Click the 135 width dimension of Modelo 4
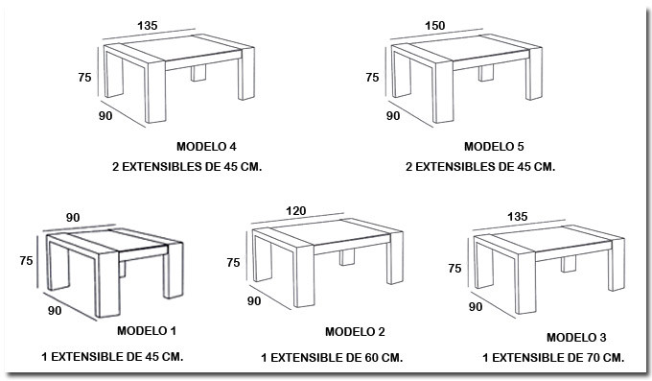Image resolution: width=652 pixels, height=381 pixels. click(148, 26)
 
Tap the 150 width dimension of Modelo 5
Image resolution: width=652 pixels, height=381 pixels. click(435, 26)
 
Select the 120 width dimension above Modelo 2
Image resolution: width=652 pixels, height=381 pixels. click(295, 211)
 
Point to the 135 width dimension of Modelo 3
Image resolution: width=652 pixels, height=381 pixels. click(517, 217)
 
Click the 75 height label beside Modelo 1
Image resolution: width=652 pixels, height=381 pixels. click(26, 261)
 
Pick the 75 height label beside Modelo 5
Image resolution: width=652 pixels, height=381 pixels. click(373, 78)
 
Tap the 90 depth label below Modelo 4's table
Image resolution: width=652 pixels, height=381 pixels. click(105, 116)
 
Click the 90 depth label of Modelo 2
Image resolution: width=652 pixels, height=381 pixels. click(254, 300)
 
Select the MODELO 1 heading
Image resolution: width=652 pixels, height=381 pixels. click(147, 331)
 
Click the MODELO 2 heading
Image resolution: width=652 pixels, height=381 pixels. click(355, 332)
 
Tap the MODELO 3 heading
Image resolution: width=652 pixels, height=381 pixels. click(576, 338)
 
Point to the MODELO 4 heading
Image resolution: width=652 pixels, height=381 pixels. click(206, 147)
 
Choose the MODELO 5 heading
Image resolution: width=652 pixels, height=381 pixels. click(494, 147)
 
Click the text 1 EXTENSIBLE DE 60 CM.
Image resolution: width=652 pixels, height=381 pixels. click(332, 358)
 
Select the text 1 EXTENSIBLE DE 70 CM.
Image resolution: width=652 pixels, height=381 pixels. click(553, 358)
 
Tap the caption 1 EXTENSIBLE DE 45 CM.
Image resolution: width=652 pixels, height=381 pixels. click(112, 357)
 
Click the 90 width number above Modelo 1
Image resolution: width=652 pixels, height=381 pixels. click(73, 218)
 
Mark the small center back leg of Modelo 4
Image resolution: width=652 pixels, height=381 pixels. click(198, 73)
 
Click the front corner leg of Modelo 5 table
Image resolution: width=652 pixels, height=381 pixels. click(443, 91)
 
